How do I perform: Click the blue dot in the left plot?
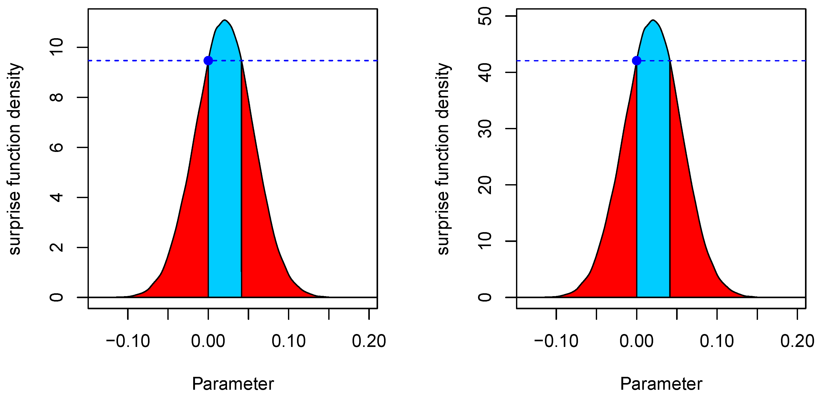coord(208,61)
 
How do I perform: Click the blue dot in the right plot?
coord(636,61)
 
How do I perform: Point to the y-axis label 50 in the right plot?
coord(485,16)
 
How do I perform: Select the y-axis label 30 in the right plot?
coord(485,129)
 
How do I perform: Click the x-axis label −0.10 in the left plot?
coord(128,341)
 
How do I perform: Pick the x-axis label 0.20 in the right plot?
coord(797,341)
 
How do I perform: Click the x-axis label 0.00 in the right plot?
coord(636,341)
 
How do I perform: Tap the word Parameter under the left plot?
coord(233,384)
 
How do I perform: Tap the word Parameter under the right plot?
coord(661,384)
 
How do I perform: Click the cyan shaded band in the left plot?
coord(225,175)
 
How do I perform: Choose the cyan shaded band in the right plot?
coord(653,175)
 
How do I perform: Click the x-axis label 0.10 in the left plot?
coord(288,341)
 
